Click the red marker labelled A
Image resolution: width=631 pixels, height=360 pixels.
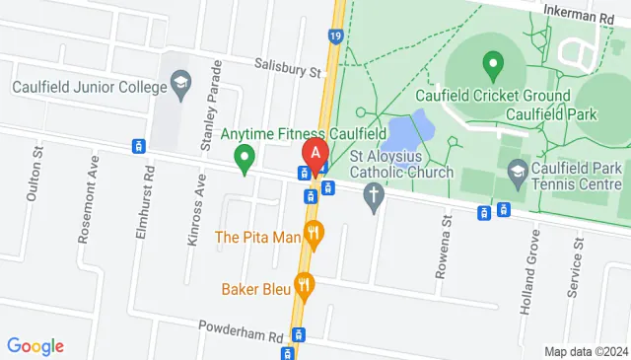315,155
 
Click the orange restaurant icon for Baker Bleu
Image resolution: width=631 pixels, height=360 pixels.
306,288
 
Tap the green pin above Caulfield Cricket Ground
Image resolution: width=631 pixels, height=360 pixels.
493,67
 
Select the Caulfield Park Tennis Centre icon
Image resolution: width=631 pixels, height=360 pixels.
517,174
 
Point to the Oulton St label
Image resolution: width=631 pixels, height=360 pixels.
35,174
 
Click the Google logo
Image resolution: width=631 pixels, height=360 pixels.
35,345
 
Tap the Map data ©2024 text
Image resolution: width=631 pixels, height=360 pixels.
586,351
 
